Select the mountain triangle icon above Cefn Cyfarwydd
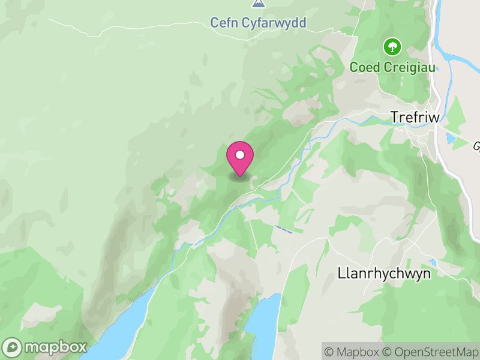point(258,4)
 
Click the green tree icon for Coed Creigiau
point(392,46)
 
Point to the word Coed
point(365,67)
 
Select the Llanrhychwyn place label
point(385,273)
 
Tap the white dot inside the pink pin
point(240,155)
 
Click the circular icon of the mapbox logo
point(13,347)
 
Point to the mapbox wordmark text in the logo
point(55,347)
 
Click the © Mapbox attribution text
point(352,351)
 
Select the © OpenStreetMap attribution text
point(430,351)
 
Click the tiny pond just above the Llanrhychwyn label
point(433,263)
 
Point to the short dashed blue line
point(284,229)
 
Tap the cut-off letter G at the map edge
point(476,146)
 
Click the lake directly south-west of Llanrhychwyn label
point(263,327)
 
